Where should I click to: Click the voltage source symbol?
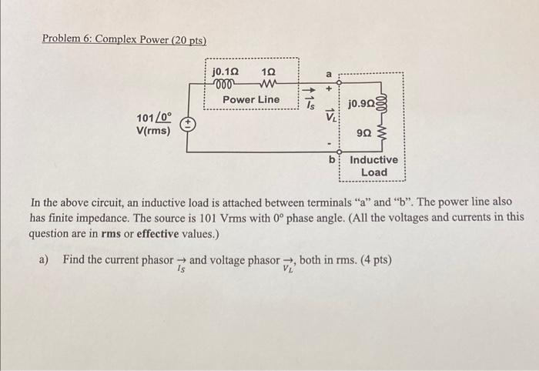pos(188,124)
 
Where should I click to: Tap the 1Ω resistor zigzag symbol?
pos(269,83)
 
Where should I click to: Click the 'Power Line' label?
pos(251,99)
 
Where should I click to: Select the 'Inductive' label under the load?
pos(373,160)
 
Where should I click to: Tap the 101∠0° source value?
pos(154,118)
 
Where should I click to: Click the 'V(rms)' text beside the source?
pos(153,131)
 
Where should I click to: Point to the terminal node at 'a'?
pos(339,83)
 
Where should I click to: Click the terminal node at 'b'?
pos(339,152)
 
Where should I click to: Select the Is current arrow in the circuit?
pos(309,90)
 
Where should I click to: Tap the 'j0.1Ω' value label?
pos(226,72)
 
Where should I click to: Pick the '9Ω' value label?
pos(364,132)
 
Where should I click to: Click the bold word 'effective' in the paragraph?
pos(158,234)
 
